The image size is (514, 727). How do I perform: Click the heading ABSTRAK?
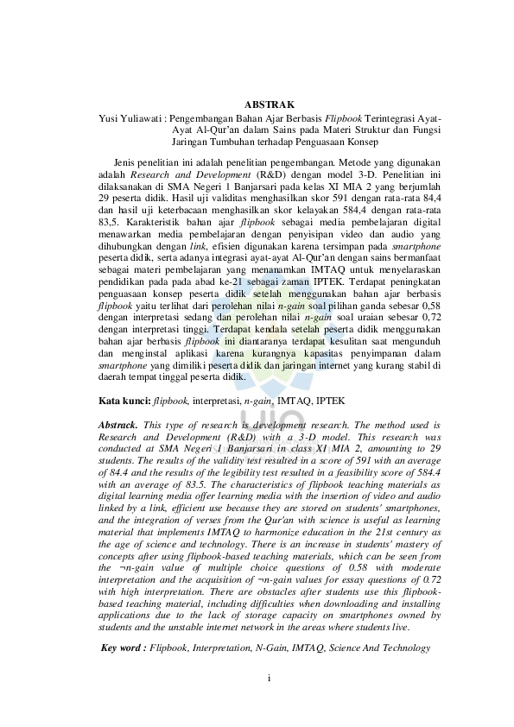(x=270, y=103)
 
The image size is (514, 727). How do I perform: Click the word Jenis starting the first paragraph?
(x=128, y=161)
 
